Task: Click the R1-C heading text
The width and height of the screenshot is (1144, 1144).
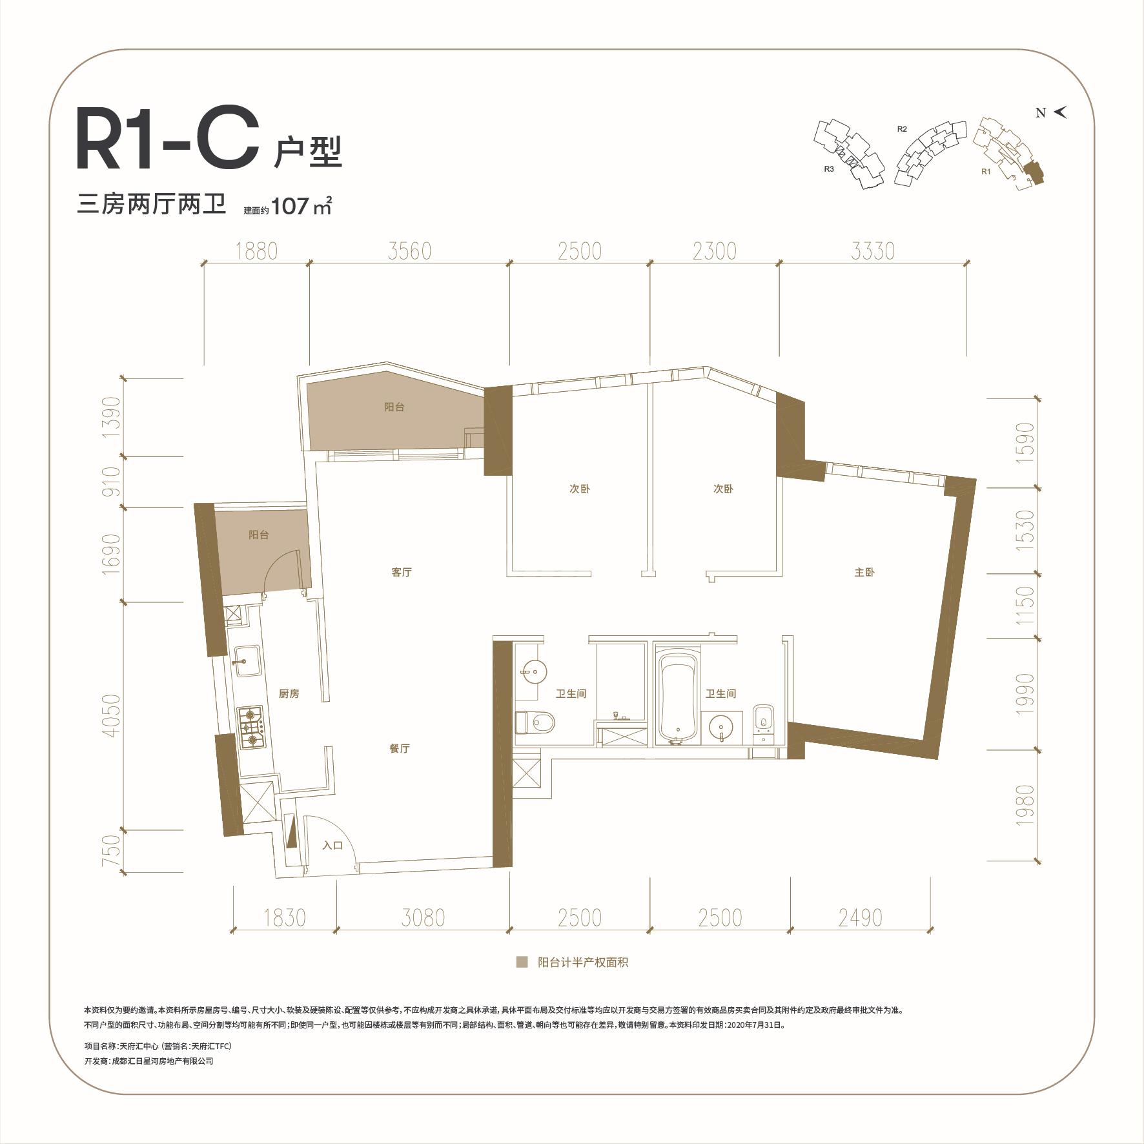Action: (x=163, y=140)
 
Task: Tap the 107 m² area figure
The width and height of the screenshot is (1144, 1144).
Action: (x=301, y=207)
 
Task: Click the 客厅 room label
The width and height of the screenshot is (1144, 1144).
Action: (x=402, y=572)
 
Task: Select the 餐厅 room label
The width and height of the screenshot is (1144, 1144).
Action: (x=400, y=748)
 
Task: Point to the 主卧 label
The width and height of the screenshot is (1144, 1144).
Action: (x=864, y=572)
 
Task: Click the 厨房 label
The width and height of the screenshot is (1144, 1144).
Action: (x=289, y=694)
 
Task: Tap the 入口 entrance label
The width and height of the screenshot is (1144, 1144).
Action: (x=332, y=845)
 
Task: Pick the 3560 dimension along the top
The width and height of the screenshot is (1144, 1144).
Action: (x=410, y=251)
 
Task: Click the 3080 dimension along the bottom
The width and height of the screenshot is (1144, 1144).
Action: (x=423, y=917)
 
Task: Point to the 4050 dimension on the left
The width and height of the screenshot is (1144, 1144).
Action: (x=111, y=716)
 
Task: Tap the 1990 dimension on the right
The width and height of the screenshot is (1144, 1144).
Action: (x=1025, y=693)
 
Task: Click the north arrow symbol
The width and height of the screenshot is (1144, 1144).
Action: (x=1060, y=112)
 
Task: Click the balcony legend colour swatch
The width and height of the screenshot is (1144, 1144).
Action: (x=522, y=963)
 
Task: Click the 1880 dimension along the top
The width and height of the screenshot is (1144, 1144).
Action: (x=256, y=251)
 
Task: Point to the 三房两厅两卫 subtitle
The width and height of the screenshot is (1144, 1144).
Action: (x=152, y=205)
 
